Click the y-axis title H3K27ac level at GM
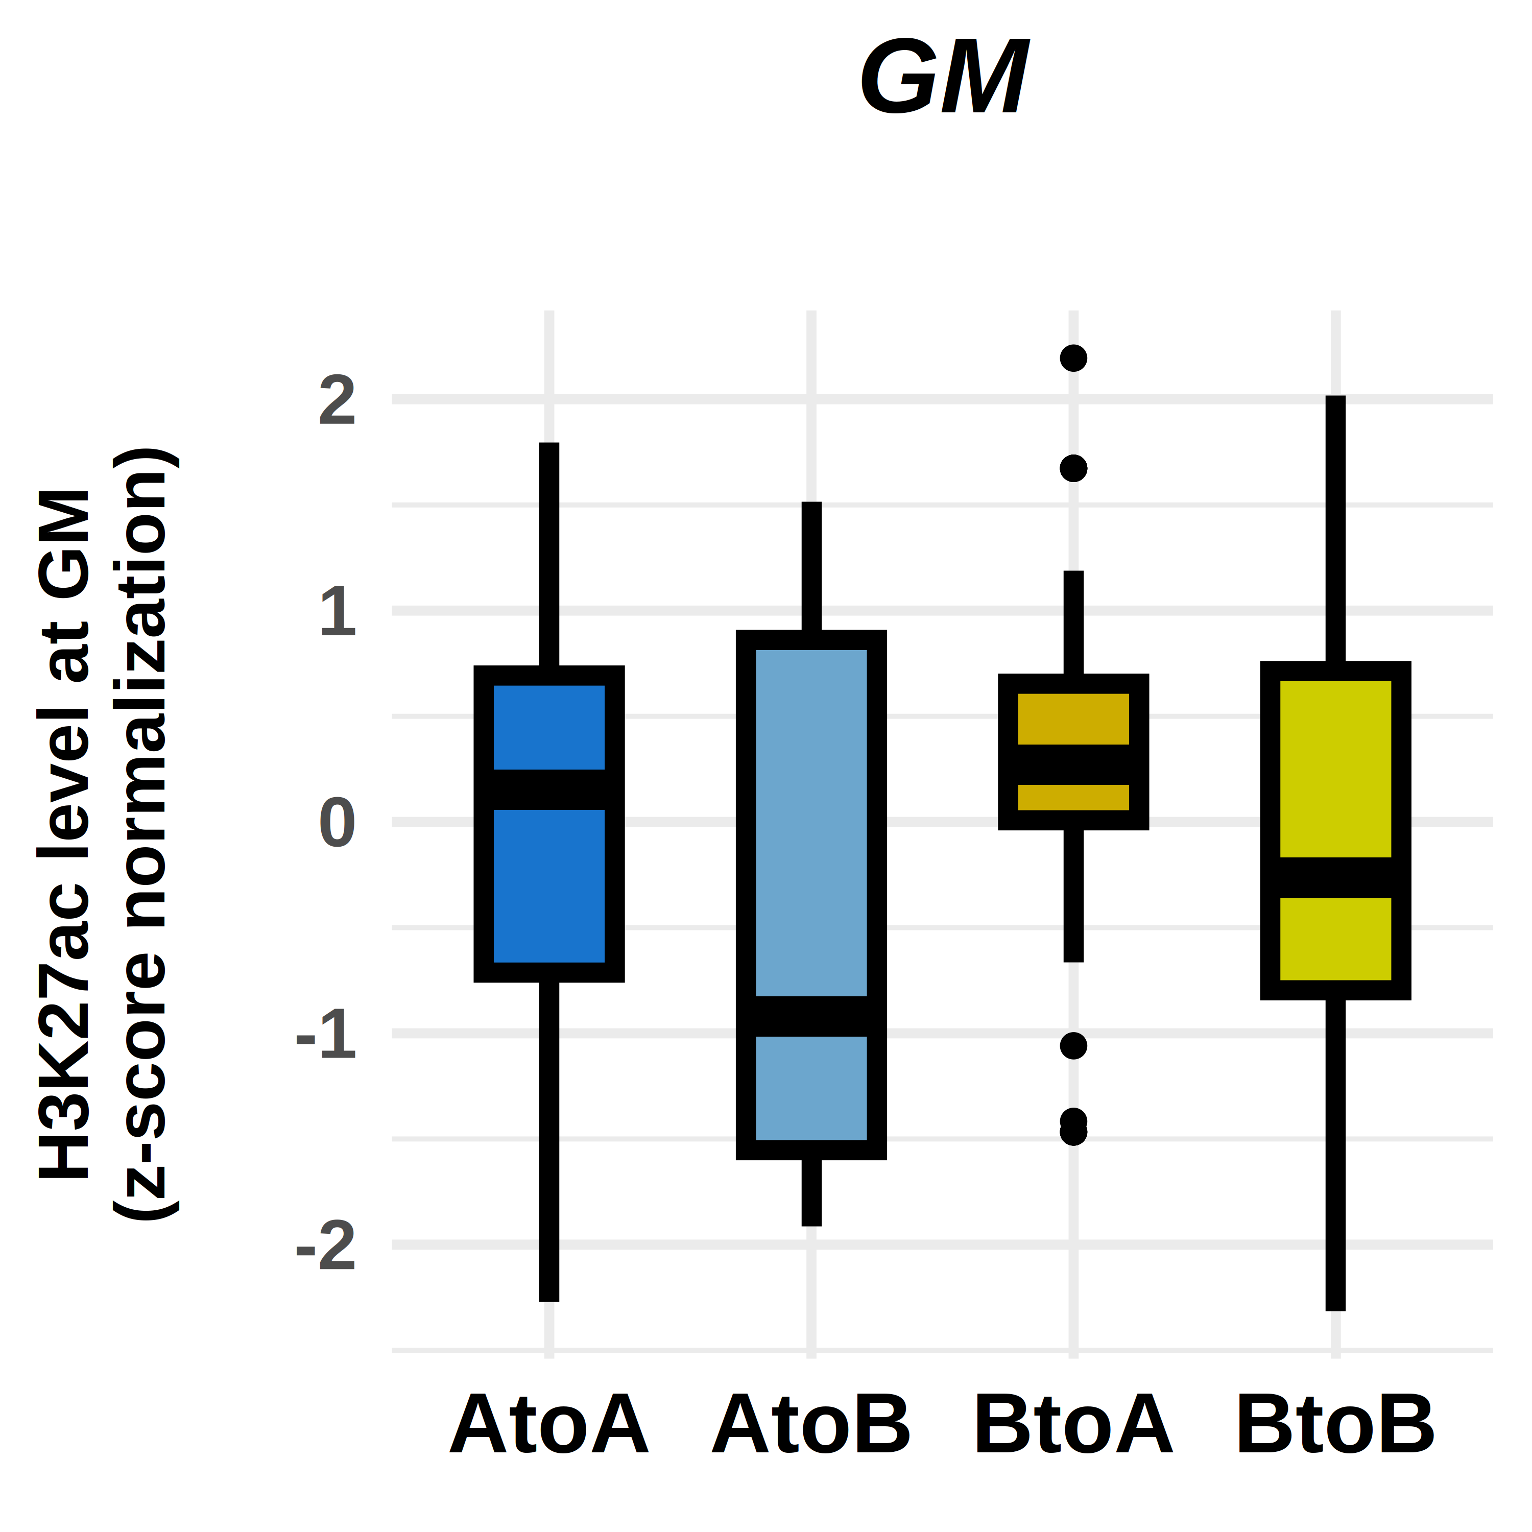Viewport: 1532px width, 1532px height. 65,832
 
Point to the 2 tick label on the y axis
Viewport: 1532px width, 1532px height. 337,400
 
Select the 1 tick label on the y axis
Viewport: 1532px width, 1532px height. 337,611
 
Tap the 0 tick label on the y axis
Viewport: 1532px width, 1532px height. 337,823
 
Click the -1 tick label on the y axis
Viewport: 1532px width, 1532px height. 326,1035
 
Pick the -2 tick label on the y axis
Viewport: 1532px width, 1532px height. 326,1246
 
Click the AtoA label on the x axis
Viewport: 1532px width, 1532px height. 549,1425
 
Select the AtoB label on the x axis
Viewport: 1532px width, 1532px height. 811,1425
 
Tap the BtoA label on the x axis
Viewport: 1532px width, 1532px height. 1073,1425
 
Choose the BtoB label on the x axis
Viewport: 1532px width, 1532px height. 1335,1425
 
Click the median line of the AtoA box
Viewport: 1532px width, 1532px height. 549,790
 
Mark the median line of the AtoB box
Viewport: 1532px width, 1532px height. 811,1017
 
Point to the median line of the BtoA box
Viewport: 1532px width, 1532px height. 1073,764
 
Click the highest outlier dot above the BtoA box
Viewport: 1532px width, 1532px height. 1073,358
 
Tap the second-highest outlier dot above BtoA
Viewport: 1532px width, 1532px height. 1073,469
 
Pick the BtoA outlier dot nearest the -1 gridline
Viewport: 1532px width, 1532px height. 1073,1046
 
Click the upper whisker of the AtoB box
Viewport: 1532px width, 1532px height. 811,567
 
